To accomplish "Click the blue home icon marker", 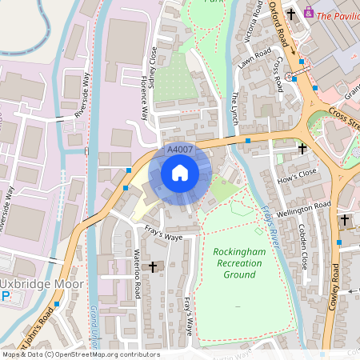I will coord(180,173).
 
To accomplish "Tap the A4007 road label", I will coord(179,150).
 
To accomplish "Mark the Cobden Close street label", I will coord(304,244).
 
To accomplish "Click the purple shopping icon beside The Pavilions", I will coord(309,14).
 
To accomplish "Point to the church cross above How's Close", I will coord(302,149).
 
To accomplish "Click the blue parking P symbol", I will coord(6,296).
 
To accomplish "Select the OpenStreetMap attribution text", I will coord(80,354).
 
